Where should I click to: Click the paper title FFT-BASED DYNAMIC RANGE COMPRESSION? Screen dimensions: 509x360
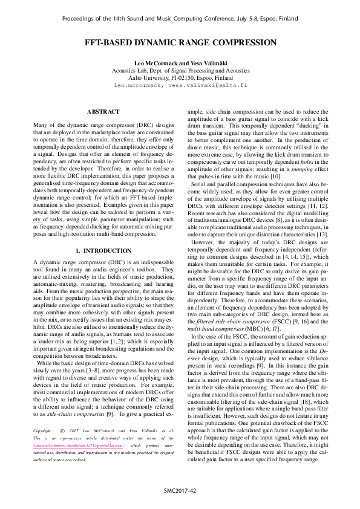click(x=180, y=43)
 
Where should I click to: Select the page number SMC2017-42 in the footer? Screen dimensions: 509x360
click(x=180, y=490)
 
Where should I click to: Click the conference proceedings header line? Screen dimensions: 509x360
click(x=180, y=19)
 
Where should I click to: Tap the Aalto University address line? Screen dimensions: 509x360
click(x=180, y=78)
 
